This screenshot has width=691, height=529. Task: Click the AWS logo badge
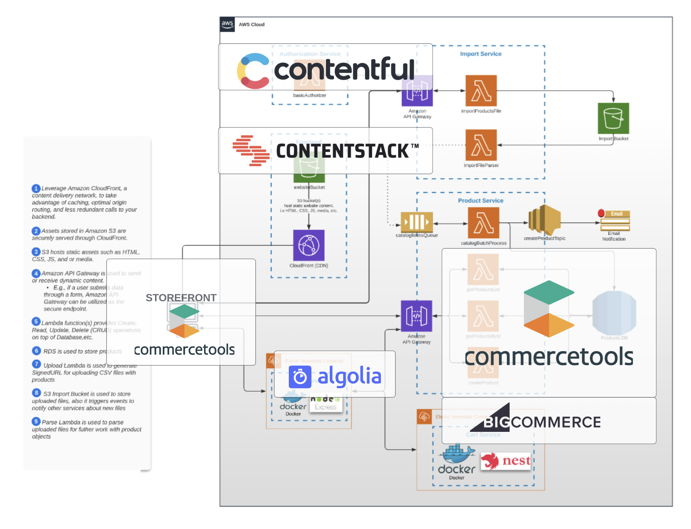tap(227, 24)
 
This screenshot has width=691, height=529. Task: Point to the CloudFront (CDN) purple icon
tap(308, 245)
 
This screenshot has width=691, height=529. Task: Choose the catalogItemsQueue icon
tap(416, 222)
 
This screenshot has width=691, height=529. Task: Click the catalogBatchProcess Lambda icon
tap(483, 223)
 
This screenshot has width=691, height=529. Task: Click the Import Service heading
tap(480, 54)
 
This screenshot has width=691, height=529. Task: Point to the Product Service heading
tap(480, 200)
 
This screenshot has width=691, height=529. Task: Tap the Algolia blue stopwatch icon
tap(300, 377)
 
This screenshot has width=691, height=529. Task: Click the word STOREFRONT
tap(181, 298)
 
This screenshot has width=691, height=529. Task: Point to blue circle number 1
tap(36, 188)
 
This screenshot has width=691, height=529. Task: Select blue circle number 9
tap(36, 421)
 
